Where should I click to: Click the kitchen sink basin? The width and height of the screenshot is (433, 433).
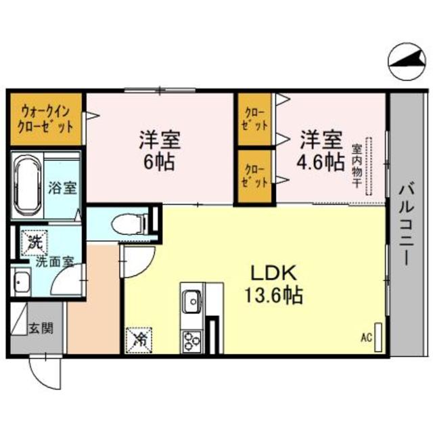191,298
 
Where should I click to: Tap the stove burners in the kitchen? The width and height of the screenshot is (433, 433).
191,338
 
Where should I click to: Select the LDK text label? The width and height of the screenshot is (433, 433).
275,274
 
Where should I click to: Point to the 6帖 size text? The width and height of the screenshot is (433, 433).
160,162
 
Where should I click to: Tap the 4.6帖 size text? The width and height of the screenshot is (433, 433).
322,162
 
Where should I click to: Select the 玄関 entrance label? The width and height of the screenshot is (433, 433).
38,329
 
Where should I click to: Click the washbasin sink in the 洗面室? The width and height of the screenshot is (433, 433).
22,281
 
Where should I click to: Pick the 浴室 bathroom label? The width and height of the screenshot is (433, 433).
62,188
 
